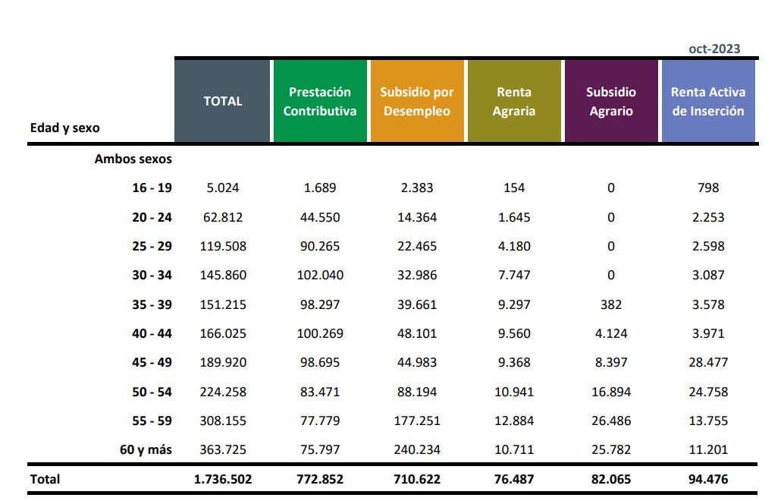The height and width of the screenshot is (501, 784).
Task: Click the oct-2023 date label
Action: click(714, 49)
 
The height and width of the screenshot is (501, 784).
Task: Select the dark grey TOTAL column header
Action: click(223, 101)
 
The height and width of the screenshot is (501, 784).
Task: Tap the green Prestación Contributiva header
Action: click(320, 101)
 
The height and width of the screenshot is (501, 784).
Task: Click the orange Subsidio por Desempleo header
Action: click(417, 101)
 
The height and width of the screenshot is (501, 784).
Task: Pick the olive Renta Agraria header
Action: click(514, 101)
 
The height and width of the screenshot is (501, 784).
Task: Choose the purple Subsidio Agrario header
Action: click(611, 101)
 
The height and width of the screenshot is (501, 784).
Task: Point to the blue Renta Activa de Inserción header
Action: click(708, 101)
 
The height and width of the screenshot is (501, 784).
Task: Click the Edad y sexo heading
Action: click(65, 128)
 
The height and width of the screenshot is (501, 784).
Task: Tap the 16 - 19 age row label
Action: click(152, 187)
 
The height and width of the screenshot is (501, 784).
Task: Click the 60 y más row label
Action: click(146, 449)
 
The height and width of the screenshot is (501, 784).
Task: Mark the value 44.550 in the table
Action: click(320, 217)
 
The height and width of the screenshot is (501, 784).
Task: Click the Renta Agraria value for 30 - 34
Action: click(514, 275)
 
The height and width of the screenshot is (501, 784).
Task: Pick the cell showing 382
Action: click(611, 304)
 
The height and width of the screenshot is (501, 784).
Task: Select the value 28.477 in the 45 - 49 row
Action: click(708, 362)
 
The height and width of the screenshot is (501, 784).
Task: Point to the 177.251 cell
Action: click(417, 421)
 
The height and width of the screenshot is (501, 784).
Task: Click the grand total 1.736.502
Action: click(223, 479)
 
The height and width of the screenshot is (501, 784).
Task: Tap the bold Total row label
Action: click(45, 479)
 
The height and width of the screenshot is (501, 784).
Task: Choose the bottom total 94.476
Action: click(708, 479)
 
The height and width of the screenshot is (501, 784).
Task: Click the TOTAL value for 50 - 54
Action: click(223, 392)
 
